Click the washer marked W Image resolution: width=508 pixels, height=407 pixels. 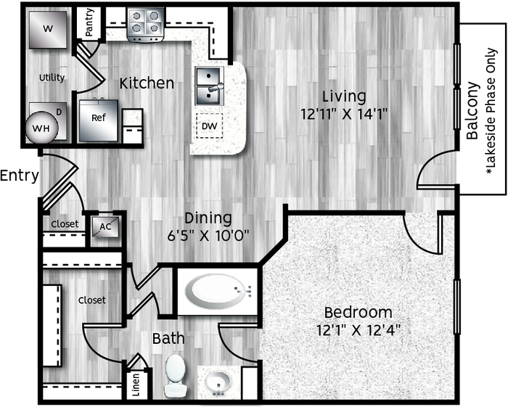48,30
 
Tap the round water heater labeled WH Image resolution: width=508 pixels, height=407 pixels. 41,128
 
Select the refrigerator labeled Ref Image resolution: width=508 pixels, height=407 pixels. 99,120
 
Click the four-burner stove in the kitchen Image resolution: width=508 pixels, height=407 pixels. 145,25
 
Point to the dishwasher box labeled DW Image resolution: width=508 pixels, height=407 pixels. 210,126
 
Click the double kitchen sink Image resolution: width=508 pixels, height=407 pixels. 210,86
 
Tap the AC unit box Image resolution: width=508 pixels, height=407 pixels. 105,226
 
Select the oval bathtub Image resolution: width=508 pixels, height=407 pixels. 217,291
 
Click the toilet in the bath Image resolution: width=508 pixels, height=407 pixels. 175,375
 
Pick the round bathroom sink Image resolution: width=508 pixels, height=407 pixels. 218,382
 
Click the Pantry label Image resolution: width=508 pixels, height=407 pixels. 89,22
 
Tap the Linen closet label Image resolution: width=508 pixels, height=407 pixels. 136,385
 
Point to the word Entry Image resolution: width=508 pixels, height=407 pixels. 20,176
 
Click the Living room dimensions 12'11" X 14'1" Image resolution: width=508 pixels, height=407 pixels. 345,114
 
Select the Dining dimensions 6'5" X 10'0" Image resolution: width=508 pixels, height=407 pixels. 208,235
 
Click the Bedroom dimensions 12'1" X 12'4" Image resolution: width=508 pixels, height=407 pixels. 359,330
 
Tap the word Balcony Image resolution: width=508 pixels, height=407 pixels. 472,111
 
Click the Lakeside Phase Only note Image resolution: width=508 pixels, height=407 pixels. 491,111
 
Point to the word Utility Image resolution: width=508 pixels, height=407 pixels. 52,78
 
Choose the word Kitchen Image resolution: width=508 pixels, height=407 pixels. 147,83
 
